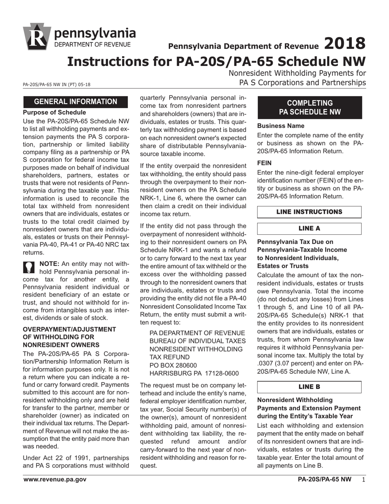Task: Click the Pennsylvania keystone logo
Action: (37, 36)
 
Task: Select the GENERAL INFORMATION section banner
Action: (75, 102)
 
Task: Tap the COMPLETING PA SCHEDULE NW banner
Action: (310, 107)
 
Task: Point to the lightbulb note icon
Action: (29, 267)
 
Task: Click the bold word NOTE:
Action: (49, 264)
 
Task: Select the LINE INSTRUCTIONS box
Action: (309, 212)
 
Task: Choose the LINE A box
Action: (309, 229)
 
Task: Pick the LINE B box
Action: (309, 387)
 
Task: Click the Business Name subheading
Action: (280, 126)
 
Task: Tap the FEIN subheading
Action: (265, 162)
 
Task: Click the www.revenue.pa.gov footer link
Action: (55, 479)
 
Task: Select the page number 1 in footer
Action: (363, 479)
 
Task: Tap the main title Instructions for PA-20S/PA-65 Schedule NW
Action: (216, 61)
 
